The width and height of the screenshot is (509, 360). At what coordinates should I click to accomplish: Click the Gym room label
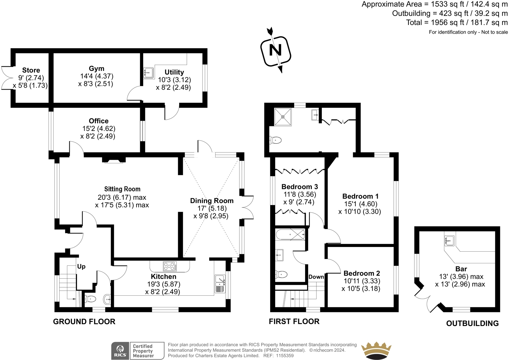click(x=97, y=68)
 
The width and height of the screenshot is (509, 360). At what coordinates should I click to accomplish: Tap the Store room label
click(x=31, y=70)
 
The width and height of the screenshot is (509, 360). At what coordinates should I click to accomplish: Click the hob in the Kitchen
click(x=170, y=266)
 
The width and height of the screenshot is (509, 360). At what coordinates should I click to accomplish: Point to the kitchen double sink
click(x=220, y=284)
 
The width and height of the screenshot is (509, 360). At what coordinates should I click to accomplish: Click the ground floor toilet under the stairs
click(x=90, y=299)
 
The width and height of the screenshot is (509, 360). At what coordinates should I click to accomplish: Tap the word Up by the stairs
click(x=81, y=267)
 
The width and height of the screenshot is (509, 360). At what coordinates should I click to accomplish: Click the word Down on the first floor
click(x=316, y=277)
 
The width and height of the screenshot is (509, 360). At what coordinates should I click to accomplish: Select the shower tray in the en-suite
click(x=283, y=117)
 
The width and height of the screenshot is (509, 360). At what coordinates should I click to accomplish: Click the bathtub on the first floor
click(x=290, y=234)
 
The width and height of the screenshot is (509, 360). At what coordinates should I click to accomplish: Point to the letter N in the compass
click(x=275, y=50)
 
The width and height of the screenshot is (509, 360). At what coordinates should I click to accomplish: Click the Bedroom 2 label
click(x=362, y=273)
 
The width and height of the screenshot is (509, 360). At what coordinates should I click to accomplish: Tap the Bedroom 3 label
click(x=299, y=187)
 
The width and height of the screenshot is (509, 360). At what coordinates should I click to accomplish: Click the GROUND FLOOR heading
click(x=84, y=322)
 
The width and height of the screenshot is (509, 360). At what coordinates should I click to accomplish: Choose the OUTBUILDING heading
click(x=472, y=323)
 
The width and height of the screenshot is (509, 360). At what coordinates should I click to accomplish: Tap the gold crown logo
click(x=376, y=350)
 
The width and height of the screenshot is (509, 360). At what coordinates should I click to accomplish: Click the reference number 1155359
click(x=285, y=356)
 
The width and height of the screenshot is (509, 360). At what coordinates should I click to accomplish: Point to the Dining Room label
click(x=212, y=201)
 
